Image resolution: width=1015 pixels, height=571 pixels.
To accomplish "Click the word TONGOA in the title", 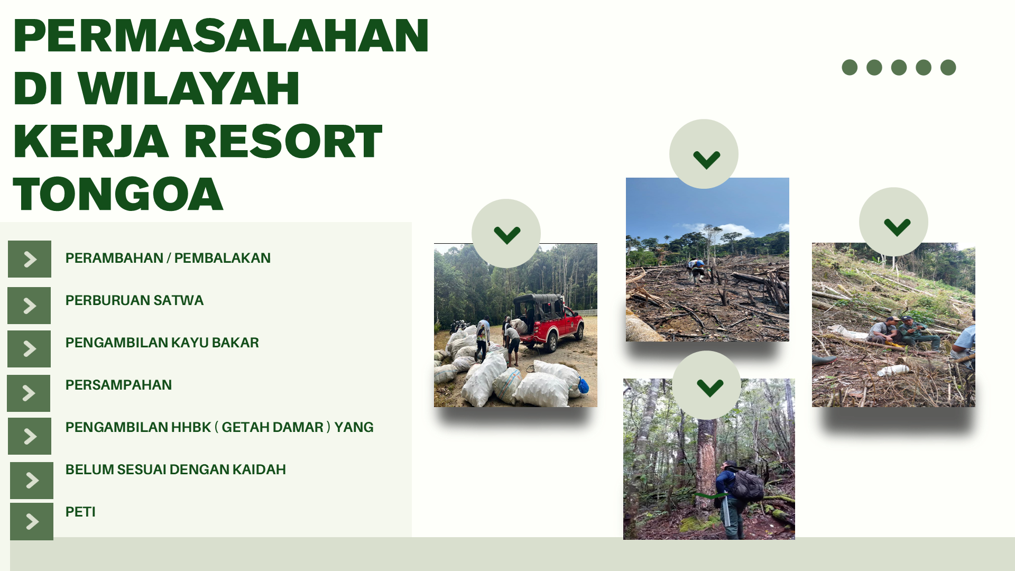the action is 118,194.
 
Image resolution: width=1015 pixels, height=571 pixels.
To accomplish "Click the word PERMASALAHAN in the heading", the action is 221,35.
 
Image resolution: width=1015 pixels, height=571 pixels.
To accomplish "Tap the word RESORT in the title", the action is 283,141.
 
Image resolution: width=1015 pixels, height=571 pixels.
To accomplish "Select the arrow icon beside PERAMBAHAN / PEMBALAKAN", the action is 30,259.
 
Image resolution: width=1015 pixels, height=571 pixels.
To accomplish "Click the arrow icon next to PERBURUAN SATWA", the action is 29,306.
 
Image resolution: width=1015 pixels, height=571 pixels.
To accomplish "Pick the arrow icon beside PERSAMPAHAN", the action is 29,393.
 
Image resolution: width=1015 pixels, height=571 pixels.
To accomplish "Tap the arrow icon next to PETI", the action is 32,521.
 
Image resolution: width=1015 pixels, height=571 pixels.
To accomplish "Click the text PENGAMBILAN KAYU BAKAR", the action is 162,343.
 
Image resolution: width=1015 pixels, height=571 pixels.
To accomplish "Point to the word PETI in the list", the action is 80,512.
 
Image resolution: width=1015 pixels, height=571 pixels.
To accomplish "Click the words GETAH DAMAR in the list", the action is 272,427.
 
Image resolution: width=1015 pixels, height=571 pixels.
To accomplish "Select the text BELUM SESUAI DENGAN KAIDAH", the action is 176,469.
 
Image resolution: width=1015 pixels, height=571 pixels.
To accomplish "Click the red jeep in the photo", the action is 548,321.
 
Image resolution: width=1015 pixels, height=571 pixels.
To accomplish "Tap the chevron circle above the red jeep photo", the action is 506,233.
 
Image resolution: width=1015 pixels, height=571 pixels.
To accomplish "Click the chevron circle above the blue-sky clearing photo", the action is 704,154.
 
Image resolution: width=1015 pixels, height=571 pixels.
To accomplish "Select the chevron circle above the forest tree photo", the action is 706,385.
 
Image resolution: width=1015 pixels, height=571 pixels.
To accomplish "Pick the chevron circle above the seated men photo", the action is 893,222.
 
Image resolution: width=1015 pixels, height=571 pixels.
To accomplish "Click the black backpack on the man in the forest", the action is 748,484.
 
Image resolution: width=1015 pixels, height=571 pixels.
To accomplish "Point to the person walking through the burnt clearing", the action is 697,271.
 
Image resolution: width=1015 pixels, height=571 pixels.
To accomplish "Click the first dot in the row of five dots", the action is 850,68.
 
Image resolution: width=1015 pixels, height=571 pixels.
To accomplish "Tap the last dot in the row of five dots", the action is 948,68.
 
